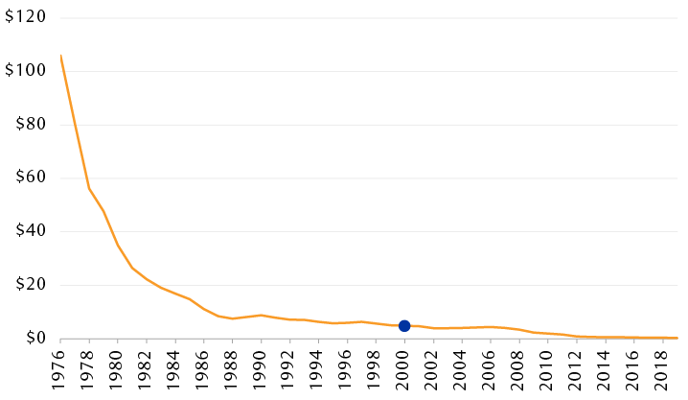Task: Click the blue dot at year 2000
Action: point(404,326)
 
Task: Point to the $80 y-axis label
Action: point(27,125)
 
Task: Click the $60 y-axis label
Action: point(27,178)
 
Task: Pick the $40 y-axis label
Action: point(27,231)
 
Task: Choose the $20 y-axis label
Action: point(27,285)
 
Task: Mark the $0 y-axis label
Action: point(31,339)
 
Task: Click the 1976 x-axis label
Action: point(61,369)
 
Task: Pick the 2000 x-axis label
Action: point(404,369)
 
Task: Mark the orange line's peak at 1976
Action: point(60,56)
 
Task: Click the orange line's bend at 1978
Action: point(89,188)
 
